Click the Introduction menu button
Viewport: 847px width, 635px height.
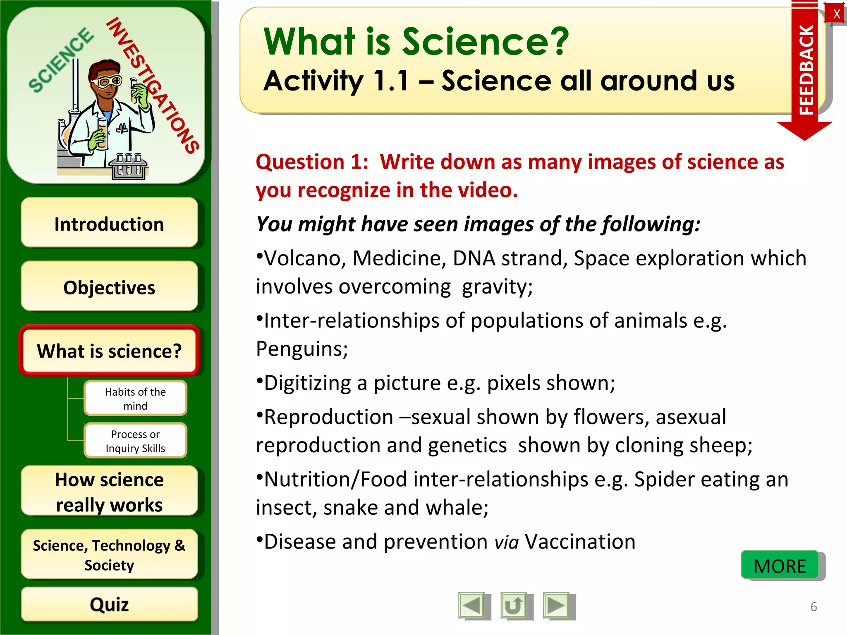(x=109, y=224)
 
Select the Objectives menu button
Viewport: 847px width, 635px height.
(x=109, y=287)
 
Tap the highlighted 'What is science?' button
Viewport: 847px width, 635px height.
(x=109, y=351)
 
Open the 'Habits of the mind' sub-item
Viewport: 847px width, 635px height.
(x=135, y=399)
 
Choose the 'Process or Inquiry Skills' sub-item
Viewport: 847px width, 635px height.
(x=135, y=441)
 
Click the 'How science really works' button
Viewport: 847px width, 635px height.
(x=109, y=492)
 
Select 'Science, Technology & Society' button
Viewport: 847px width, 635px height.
(x=109, y=555)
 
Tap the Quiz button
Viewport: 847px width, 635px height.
(x=109, y=604)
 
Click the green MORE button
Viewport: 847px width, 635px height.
(x=780, y=566)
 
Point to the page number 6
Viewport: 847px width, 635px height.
(x=814, y=606)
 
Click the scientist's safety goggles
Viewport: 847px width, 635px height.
(x=107, y=81)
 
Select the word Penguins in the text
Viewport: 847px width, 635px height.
(x=301, y=349)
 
